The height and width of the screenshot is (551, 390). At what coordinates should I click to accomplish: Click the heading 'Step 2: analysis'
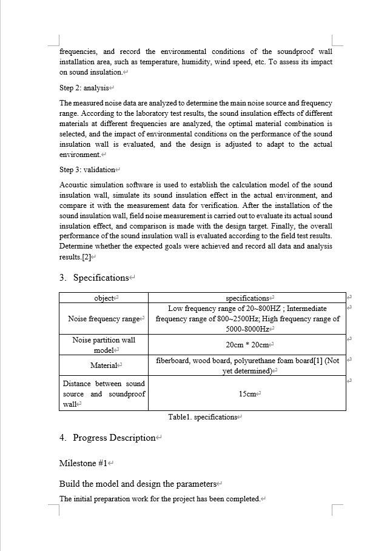coord(83,88)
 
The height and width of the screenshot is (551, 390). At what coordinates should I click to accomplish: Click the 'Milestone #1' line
coord(83,463)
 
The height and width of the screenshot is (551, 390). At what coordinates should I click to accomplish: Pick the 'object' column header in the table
coord(104,298)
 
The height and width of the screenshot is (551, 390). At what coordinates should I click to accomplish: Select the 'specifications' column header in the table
coord(247,298)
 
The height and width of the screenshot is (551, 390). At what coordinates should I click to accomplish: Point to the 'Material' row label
coord(104,366)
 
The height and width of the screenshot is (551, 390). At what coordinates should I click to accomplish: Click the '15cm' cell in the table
coord(247,394)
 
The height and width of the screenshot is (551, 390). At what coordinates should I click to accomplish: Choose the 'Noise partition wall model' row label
coord(104,345)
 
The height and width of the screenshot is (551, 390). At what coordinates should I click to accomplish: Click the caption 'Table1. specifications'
coord(203,417)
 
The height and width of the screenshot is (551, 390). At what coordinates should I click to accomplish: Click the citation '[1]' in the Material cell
coord(316,361)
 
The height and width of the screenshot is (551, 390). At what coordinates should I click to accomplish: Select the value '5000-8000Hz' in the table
coord(247,329)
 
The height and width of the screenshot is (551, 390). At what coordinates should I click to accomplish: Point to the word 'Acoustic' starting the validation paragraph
coord(74,185)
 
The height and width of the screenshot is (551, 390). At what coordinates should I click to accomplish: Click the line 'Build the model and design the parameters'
coord(138,484)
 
